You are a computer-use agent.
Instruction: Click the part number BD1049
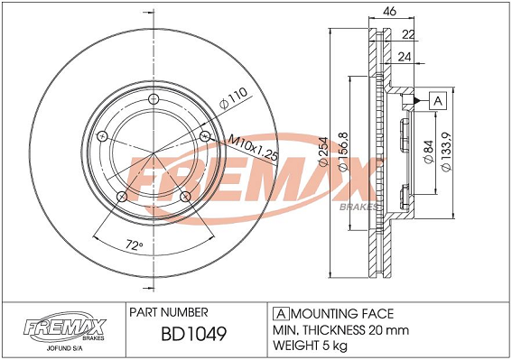193,334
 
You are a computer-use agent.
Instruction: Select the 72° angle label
135,244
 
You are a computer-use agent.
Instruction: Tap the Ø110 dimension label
233,98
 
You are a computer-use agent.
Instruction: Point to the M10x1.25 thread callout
253,148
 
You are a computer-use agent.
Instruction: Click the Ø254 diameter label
323,152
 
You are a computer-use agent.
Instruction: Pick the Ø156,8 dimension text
343,152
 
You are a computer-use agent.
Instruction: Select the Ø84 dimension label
429,152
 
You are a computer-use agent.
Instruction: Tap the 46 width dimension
390,11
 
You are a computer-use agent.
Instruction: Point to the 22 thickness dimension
408,34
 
